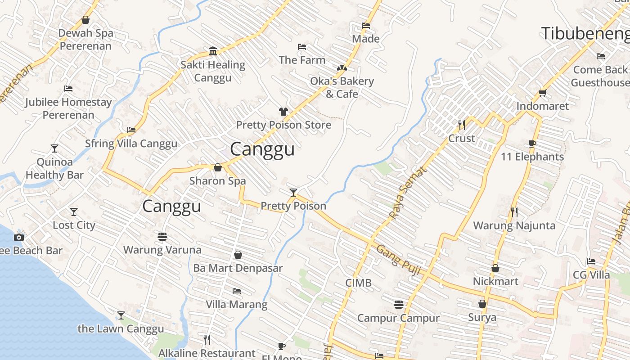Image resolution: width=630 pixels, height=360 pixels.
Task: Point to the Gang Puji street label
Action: [x=398, y=260]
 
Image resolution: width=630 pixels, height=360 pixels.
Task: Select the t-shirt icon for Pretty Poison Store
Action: [x=283, y=112]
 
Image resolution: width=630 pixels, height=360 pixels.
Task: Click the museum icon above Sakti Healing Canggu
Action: [x=213, y=51]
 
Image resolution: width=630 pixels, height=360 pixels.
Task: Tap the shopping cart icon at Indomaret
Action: [x=542, y=93]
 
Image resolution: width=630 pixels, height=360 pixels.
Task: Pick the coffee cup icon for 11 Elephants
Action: [x=532, y=144]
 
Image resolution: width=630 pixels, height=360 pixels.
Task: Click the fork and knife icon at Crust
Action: [x=462, y=125]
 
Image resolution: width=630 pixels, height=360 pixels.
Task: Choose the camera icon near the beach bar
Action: [x=19, y=237]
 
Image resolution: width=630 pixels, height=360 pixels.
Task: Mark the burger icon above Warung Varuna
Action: [x=162, y=236]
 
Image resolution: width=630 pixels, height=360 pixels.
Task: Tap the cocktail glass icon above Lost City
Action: [x=74, y=212]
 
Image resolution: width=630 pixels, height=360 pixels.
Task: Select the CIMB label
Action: [x=358, y=283]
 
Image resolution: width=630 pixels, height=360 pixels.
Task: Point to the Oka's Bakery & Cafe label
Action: [x=342, y=87]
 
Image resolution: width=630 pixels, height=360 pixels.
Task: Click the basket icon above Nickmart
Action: [x=495, y=268]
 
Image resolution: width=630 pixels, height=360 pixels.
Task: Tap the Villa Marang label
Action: [x=237, y=305]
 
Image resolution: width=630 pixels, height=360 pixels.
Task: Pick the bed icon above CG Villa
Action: [x=591, y=261]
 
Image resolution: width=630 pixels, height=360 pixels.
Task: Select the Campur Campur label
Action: [x=398, y=318]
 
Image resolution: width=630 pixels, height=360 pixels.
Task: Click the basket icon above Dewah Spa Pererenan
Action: [x=85, y=20]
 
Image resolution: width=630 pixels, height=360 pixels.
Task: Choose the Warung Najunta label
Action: [x=514, y=225]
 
